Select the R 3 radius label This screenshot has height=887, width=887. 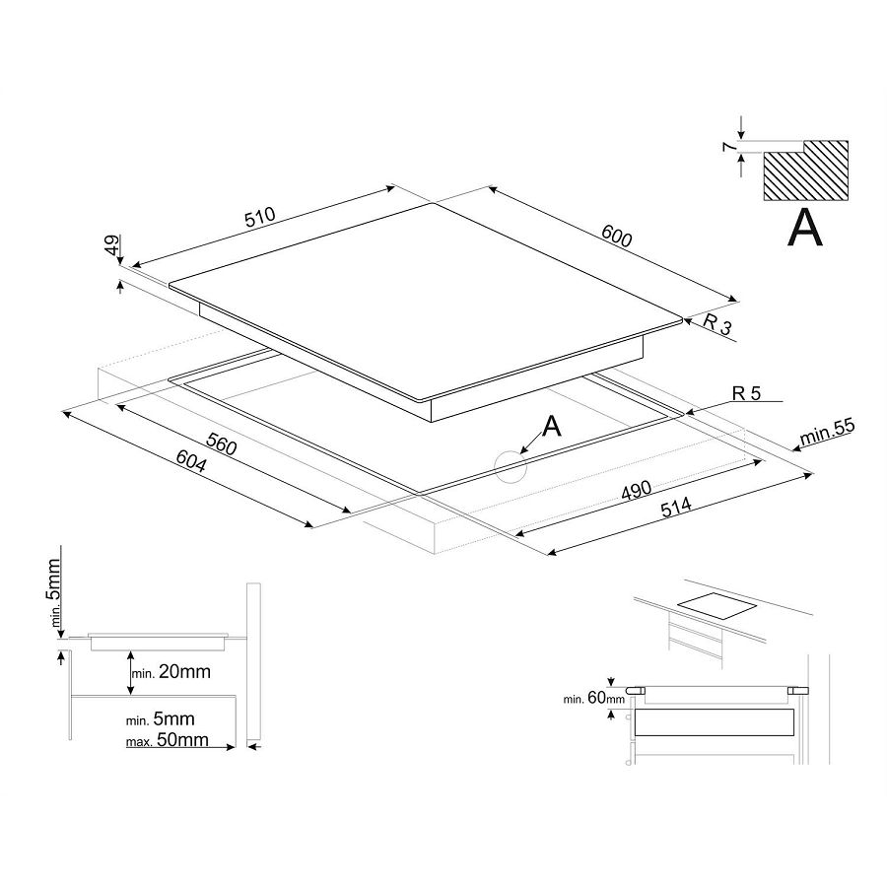(718, 326)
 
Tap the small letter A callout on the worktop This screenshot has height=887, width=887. (552, 425)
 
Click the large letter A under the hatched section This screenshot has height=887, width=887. (805, 228)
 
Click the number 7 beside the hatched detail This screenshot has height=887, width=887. (727, 149)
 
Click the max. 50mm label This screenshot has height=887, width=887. (168, 739)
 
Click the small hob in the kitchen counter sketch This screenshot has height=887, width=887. (715, 608)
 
